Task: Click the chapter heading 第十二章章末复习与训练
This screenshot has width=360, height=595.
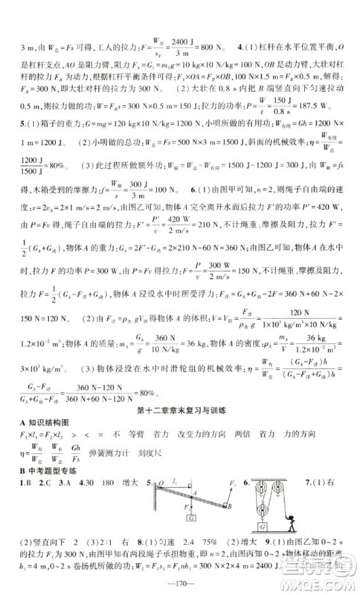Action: (x=179, y=412)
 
